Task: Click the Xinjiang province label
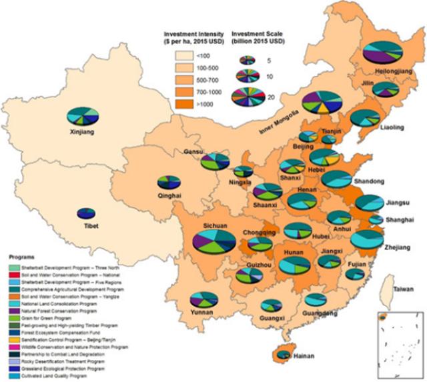[81, 133]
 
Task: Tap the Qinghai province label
[169, 196]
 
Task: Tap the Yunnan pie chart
[201, 300]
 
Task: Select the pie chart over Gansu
[215, 161]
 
